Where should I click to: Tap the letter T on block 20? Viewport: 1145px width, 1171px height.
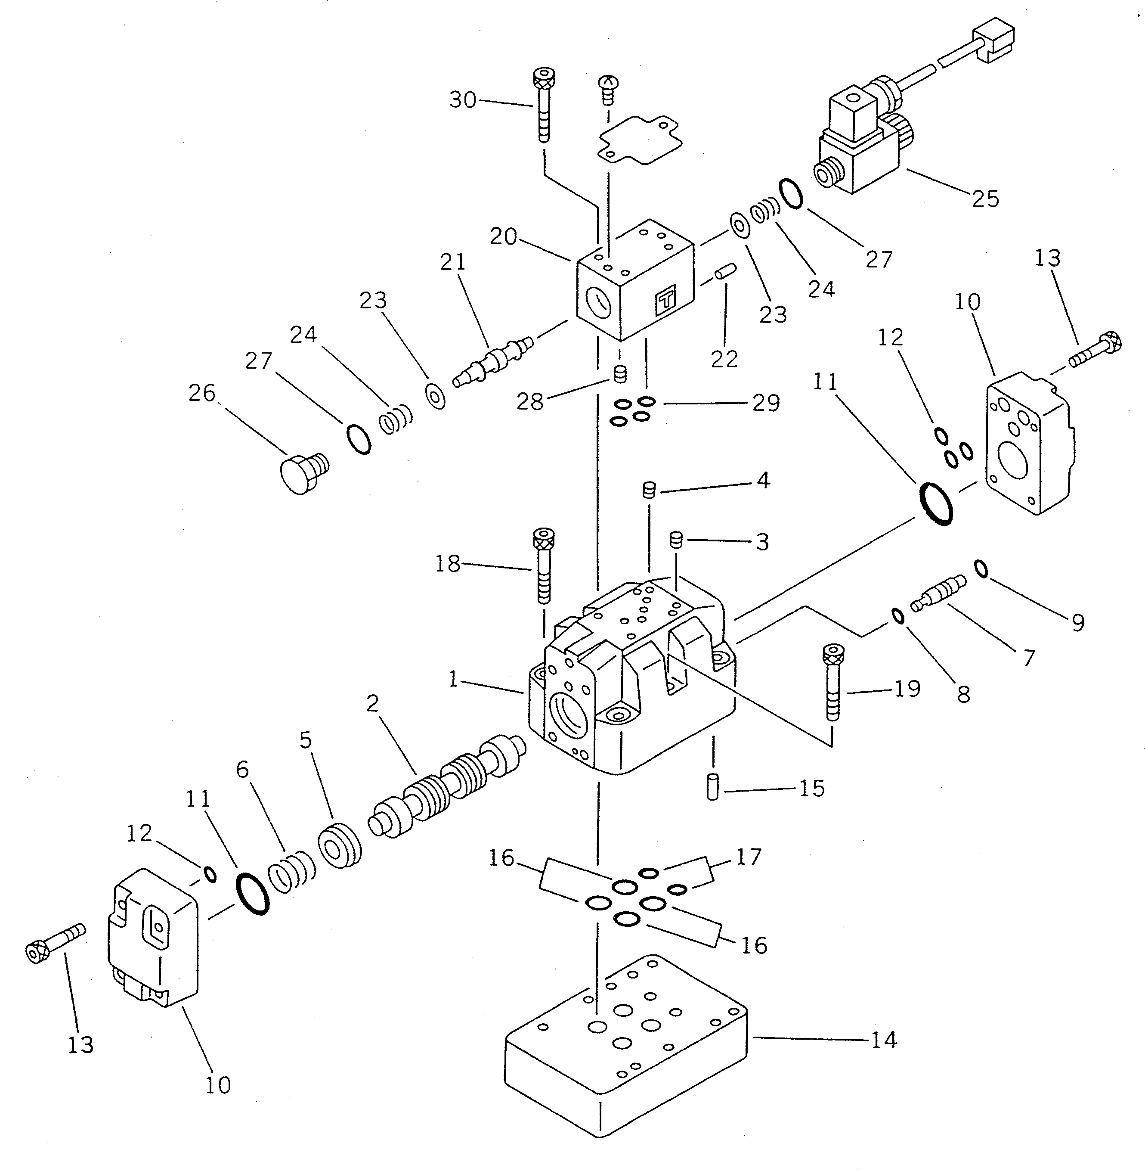pos(665,299)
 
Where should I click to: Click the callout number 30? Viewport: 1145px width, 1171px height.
pos(462,100)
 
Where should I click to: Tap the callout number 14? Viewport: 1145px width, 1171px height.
pos(883,1040)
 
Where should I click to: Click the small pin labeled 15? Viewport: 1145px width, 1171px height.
pos(713,788)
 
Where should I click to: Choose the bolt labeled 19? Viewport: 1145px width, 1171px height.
pos(833,681)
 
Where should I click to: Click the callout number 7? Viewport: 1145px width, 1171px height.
pos(1028,658)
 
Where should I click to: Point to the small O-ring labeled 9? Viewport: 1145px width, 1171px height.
pos(980,568)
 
